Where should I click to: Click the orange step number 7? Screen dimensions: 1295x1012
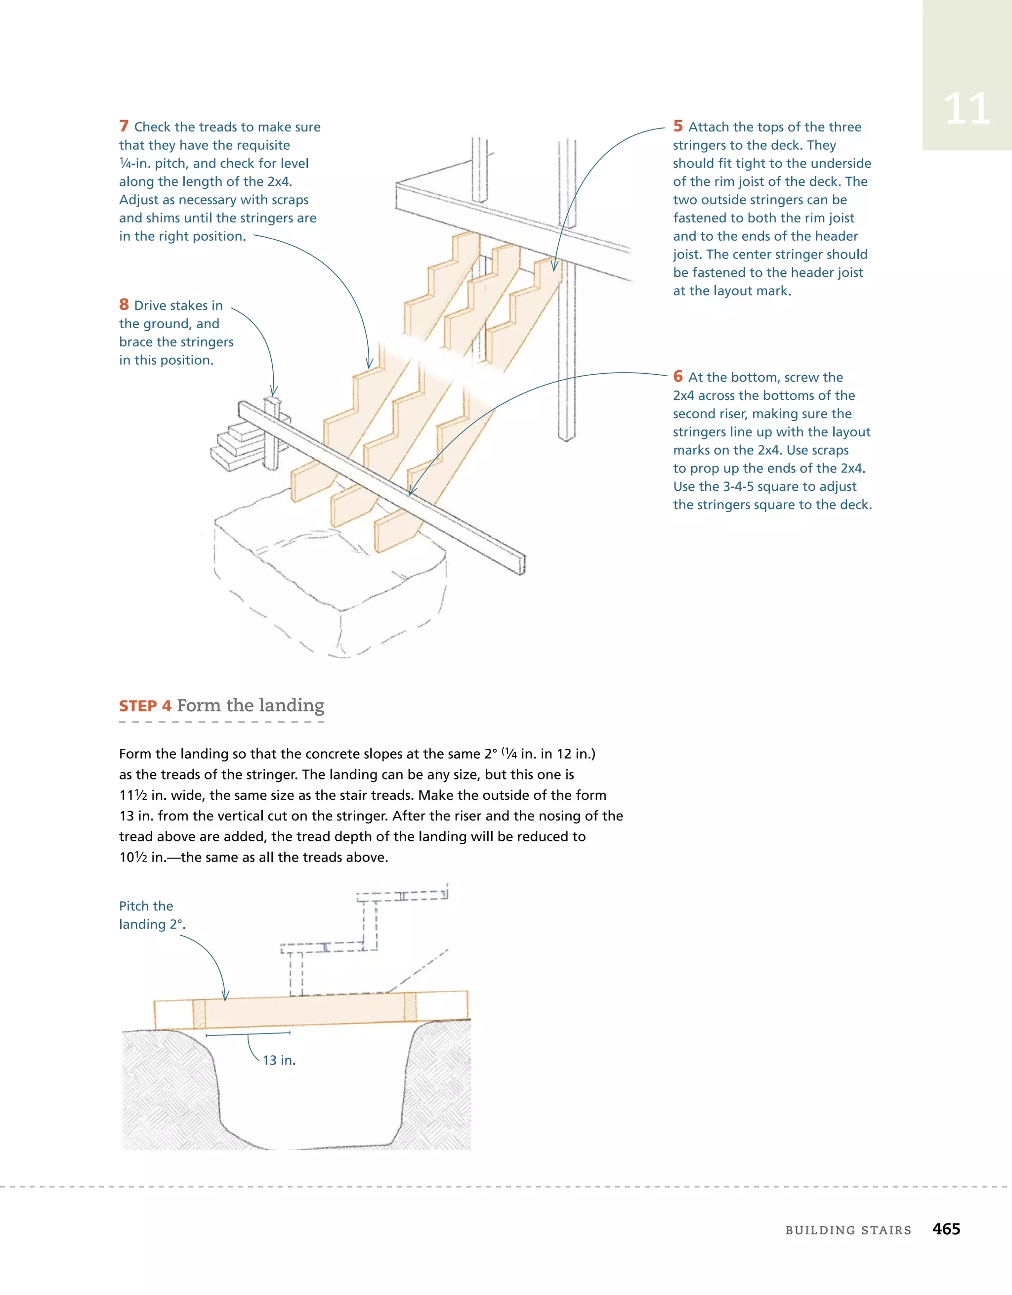(x=124, y=127)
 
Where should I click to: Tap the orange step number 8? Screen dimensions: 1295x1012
(x=124, y=305)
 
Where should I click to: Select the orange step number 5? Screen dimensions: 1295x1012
(x=677, y=127)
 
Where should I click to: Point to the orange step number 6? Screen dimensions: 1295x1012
(x=677, y=377)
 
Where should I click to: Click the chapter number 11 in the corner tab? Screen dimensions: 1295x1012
(x=967, y=109)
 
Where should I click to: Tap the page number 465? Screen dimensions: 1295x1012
(x=946, y=1229)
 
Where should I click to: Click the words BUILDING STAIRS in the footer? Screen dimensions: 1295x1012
(x=848, y=1230)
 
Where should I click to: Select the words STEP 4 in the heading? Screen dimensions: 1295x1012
(x=145, y=706)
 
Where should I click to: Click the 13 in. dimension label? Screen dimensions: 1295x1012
(x=279, y=1060)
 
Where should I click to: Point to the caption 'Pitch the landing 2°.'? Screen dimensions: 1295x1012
(x=152, y=915)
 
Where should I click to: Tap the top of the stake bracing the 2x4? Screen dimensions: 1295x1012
(x=273, y=401)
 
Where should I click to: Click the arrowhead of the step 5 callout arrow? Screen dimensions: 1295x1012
(x=554, y=268)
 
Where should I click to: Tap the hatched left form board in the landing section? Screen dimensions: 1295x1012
(x=199, y=1014)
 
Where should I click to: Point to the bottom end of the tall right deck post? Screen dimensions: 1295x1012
(x=567, y=437)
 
